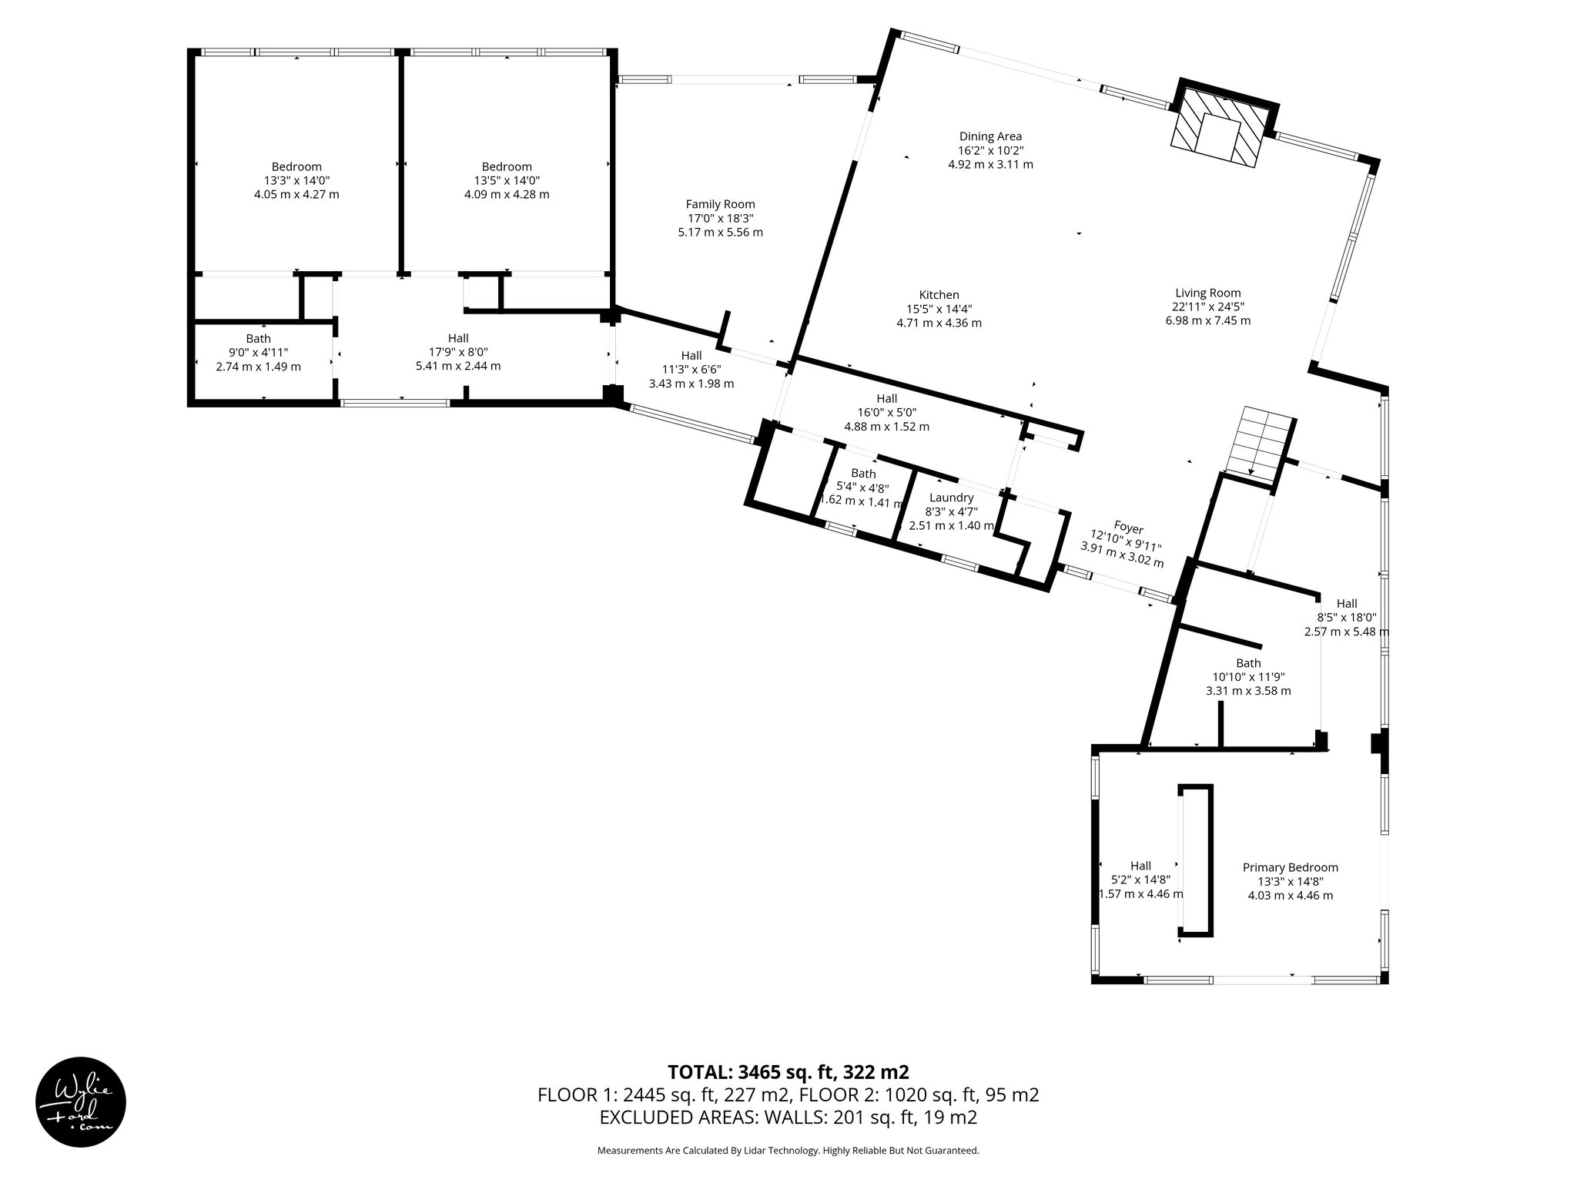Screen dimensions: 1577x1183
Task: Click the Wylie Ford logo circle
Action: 81,1101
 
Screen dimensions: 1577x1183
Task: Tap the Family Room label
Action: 720,204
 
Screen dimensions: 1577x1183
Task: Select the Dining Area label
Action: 990,136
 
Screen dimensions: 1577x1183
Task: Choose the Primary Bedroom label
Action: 1290,867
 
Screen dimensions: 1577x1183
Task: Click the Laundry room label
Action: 952,498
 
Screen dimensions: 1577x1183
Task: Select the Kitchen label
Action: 939,295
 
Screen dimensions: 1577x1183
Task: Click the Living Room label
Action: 1207,293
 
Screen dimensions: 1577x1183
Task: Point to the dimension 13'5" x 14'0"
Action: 507,180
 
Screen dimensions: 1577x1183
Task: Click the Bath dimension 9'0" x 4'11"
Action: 258,352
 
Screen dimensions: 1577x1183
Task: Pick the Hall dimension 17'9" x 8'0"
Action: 458,352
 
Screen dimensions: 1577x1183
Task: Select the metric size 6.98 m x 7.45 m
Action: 1207,320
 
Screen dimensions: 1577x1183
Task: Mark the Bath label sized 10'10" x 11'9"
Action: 1248,663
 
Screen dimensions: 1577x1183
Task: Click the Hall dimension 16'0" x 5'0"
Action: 886,412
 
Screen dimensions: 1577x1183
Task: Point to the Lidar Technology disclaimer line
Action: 788,1151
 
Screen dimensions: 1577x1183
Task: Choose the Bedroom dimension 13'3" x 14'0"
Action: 296,180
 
